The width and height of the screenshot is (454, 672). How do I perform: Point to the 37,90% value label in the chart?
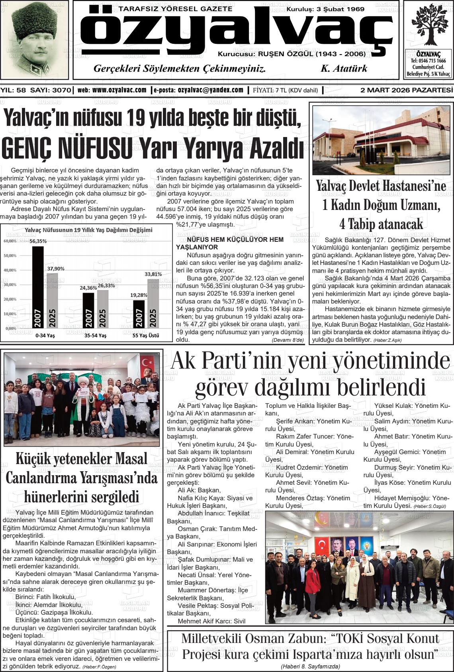(x=56, y=268)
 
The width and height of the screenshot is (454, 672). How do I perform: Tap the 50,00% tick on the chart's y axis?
(x=10, y=255)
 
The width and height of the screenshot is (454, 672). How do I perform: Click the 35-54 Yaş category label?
(x=95, y=335)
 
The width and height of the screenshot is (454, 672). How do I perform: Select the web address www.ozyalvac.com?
(x=119, y=90)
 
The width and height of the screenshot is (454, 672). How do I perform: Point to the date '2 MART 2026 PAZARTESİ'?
(x=406, y=90)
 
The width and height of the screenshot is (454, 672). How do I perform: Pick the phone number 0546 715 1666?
(x=429, y=61)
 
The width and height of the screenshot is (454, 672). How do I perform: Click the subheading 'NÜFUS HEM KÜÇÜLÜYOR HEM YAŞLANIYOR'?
(x=230, y=243)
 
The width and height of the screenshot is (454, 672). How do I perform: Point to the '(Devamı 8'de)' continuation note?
(x=288, y=340)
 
